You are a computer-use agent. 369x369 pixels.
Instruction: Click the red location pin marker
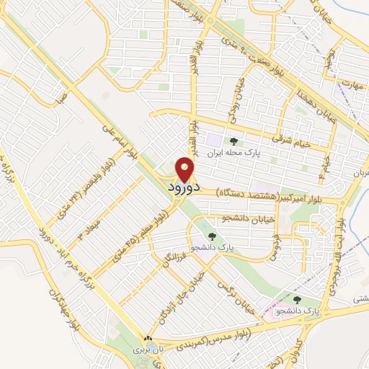[x=185, y=169]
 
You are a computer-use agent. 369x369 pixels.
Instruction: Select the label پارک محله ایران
[x=232, y=152]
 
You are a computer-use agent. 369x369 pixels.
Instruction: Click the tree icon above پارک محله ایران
[x=232, y=141]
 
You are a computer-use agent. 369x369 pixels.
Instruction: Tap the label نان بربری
[x=148, y=348]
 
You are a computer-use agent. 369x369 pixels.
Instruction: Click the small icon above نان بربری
[x=148, y=337]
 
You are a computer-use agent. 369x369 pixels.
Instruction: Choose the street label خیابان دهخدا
[x=320, y=108]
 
